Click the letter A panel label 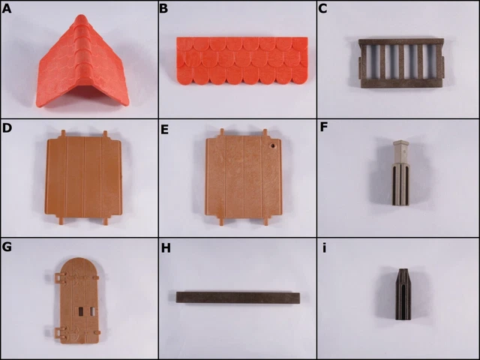click(8, 9)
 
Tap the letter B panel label click(165, 9)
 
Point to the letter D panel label click(8, 129)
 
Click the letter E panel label click(165, 129)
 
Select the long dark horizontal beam click(238, 297)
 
